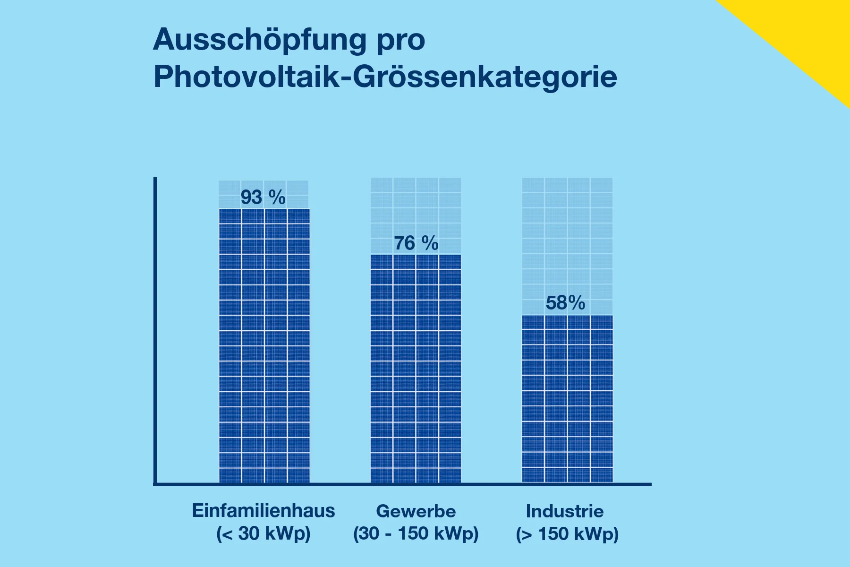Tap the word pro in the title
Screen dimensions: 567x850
pyautogui.click(x=401, y=42)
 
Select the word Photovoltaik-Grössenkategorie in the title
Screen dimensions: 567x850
pyautogui.click(x=385, y=77)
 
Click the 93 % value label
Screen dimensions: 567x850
pyautogui.click(x=263, y=198)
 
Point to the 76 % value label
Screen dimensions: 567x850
pyautogui.click(x=416, y=243)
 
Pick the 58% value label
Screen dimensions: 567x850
pyautogui.click(x=565, y=303)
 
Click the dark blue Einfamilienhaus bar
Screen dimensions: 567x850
pyautogui.click(x=264, y=345)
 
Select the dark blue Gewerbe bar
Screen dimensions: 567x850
pyautogui.click(x=416, y=369)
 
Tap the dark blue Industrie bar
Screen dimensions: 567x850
pyautogui.click(x=567, y=399)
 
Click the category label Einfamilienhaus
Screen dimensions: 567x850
pyautogui.click(x=263, y=511)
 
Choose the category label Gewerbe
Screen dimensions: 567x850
pyautogui.click(x=416, y=511)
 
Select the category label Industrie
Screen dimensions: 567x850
pyautogui.click(x=565, y=511)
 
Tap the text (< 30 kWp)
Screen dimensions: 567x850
pyautogui.click(x=263, y=533)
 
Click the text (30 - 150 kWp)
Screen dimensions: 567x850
pyautogui.click(x=416, y=533)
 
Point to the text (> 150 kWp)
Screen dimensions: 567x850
pyautogui.click(x=567, y=534)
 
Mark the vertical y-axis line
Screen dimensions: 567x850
pyautogui.click(x=155, y=331)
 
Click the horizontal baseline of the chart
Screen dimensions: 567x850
pyautogui.click(x=401, y=484)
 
